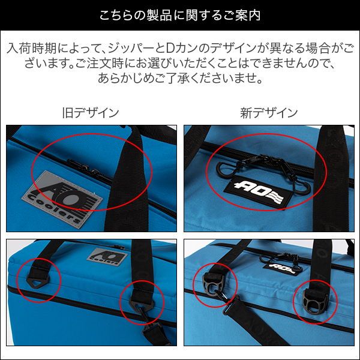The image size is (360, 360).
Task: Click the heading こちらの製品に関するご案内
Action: tap(180, 15)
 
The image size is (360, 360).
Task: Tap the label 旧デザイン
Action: tap(91, 113)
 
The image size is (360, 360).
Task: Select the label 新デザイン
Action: tap(269, 113)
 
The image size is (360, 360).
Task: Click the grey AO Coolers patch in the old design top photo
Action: tap(62, 200)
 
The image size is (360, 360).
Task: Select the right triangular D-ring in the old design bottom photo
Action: tap(142, 304)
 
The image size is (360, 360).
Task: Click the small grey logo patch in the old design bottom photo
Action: tap(107, 256)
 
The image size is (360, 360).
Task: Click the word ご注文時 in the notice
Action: tap(100, 64)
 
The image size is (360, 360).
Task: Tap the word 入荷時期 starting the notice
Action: tap(31, 48)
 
